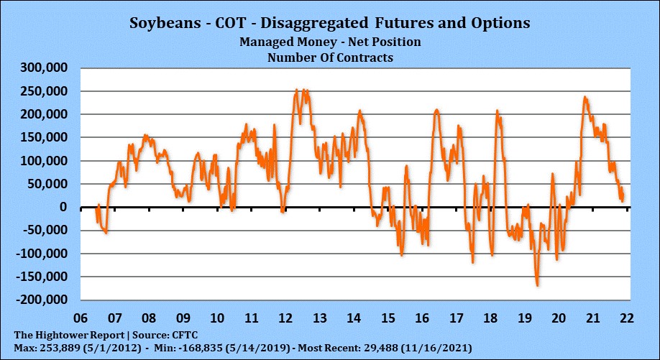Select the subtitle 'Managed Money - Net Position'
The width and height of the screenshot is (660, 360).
[x=330, y=42]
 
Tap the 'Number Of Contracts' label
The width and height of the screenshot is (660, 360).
[x=330, y=57]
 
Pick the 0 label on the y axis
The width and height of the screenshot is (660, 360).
[x=63, y=207]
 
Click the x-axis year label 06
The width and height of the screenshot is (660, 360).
[x=81, y=318]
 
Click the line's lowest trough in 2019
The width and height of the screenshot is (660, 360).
[x=537, y=285]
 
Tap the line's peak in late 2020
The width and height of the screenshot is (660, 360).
[x=585, y=97]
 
